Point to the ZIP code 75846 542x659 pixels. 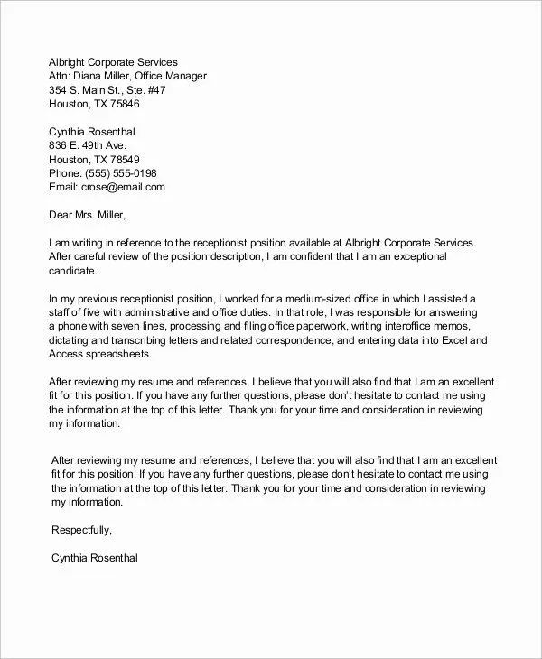click(x=119, y=104)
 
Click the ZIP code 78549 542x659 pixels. click(x=119, y=159)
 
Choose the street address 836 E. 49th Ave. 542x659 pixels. click(x=89, y=145)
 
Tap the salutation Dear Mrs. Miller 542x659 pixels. click(x=87, y=215)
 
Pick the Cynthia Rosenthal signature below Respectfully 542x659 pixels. click(x=94, y=558)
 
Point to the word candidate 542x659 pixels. click(x=72, y=270)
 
